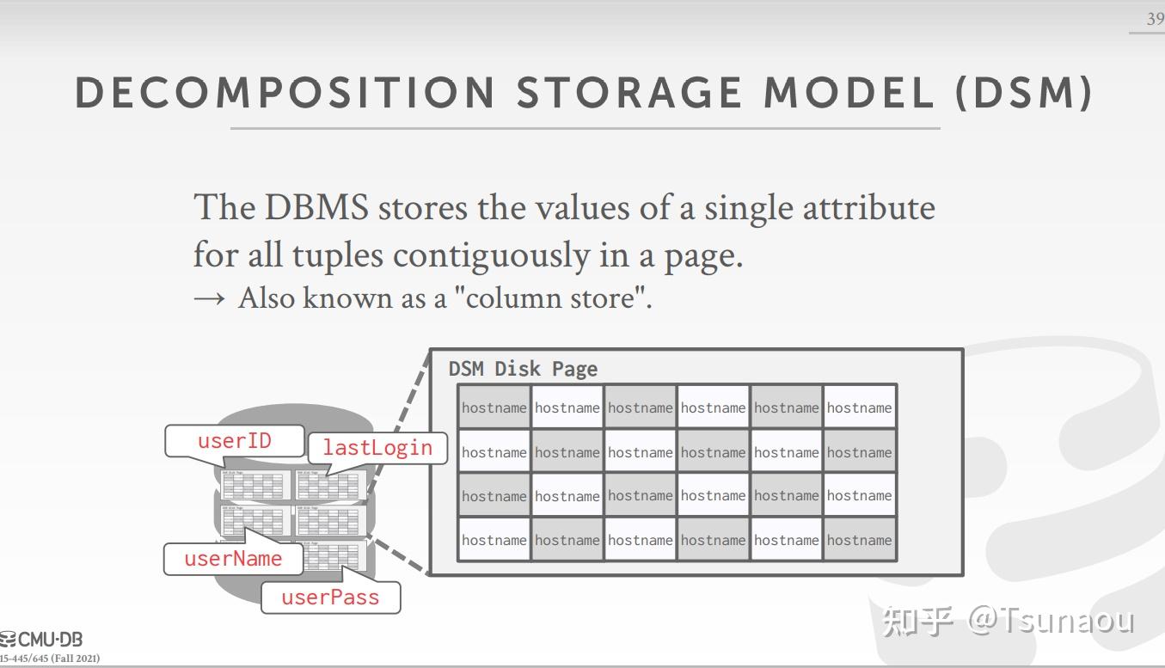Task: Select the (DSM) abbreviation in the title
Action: click(1023, 93)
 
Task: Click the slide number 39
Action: click(1155, 19)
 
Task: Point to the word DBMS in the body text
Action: click(316, 208)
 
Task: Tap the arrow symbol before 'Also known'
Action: click(209, 298)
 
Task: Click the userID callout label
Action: click(234, 441)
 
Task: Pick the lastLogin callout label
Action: click(377, 447)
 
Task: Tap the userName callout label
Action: click(233, 559)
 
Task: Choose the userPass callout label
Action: click(330, 598)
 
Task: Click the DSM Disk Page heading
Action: click(523, 369)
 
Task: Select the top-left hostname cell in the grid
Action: click(494, 408)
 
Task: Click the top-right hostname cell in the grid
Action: click(859, 408)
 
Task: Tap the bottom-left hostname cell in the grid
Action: click(494, 540)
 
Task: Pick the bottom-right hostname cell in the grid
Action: click(859, 540)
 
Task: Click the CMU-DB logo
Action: click(42, 640)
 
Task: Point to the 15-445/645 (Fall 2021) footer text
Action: click(49, 659)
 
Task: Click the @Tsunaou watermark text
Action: click(1052, 620)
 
